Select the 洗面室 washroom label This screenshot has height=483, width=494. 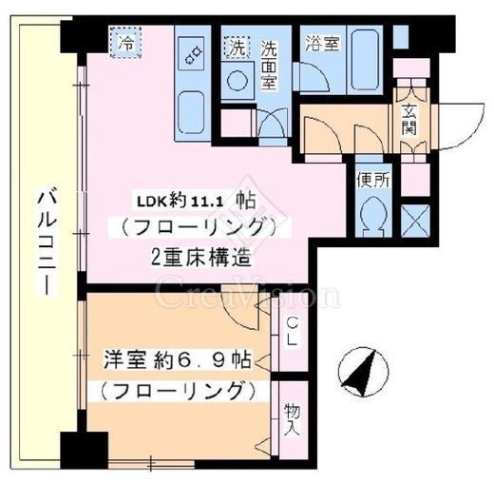click(268, 62)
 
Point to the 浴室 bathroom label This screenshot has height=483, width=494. click(320, 43)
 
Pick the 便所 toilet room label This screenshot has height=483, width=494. click(370, 180)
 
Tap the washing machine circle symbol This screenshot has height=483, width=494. click(237, 78)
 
